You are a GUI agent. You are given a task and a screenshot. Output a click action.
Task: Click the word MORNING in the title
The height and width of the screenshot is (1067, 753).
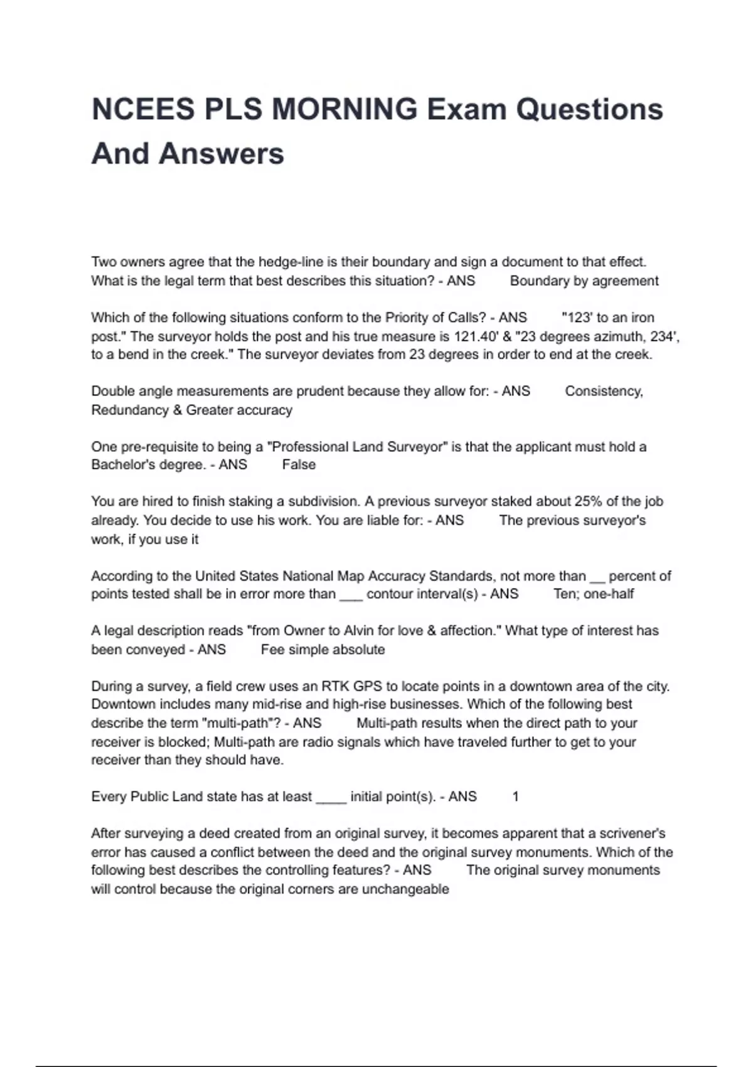344,109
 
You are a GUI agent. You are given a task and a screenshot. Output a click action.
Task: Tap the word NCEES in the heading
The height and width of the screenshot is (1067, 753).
143,109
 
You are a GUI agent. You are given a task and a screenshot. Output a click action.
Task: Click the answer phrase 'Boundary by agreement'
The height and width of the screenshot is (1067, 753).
584,281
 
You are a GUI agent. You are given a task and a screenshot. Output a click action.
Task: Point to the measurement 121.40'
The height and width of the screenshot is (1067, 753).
476,336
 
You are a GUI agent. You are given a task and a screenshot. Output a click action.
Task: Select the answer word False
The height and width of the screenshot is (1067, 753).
299,464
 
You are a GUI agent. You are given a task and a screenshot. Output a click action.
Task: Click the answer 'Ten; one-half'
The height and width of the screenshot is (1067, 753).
594,594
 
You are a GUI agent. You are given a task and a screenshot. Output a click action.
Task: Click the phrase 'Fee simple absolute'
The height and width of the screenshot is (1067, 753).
323,650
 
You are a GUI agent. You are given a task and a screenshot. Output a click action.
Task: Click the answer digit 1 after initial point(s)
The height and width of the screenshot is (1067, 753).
515,796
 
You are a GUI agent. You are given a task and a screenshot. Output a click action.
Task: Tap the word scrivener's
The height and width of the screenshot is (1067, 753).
632,834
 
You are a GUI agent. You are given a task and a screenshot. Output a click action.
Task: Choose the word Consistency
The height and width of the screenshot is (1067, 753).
604,391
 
